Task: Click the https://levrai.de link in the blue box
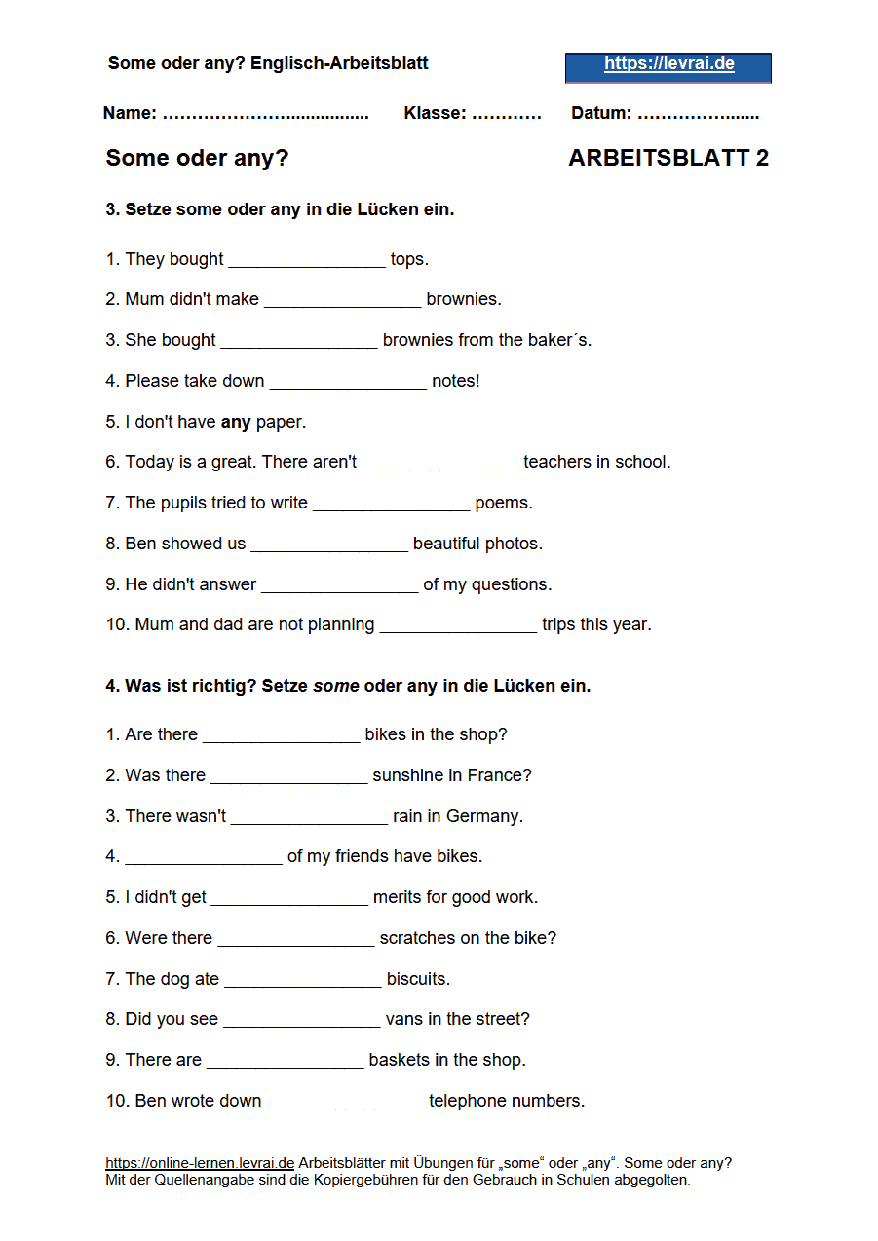[x=668, y=65]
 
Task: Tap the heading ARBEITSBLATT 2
[x=668, y=158]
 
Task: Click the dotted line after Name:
[x=265, y=114]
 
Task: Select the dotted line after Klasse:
[x=506, y=114]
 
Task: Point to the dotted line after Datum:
[x=698, y=114]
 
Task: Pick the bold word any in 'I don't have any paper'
[x=236, y=422]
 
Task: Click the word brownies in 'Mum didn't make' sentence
[x=464, y=299]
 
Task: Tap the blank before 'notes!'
[x=348, y=382]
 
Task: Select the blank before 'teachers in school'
[x=439, y=463]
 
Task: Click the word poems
[x=504, y=503]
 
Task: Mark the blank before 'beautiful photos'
[x=328, y=545]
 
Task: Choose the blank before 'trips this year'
[x=458, y=625]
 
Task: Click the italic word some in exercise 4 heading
[x=335, y=686]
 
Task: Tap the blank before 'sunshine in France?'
[x=288, y=776]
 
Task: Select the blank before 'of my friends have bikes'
[x=203, y=857]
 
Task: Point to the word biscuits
[x=418, y=979]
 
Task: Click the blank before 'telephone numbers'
[x=345, y=1102]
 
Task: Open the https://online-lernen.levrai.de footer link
[x=200, y=1163]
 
